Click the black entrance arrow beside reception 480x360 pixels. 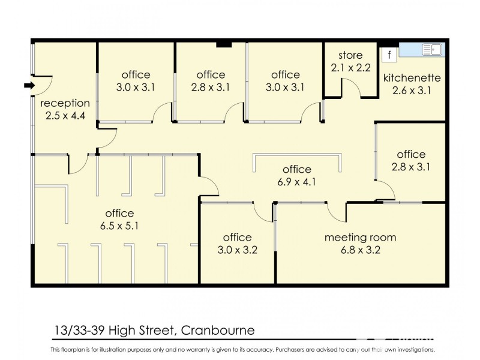(28, 86)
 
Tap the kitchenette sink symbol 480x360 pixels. (431, 50)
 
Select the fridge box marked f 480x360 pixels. (389, 55)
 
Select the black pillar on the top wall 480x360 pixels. (224, 43)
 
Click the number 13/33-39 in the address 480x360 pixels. (79, 331)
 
